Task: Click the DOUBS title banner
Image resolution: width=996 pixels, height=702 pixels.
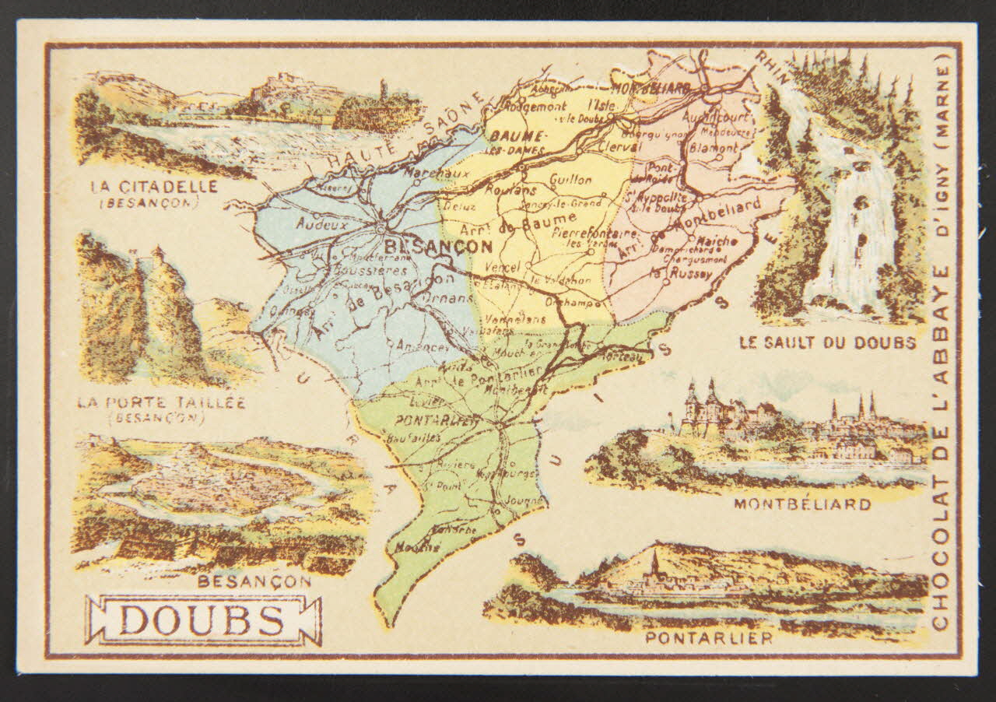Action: [203, 620]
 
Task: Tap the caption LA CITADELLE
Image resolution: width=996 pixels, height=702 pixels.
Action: [154, 187]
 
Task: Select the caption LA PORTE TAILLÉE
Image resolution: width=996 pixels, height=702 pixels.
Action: [162, 402]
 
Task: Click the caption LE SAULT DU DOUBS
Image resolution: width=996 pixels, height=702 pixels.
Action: [827, 342]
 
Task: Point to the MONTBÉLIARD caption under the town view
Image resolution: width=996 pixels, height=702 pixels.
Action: [801, 504]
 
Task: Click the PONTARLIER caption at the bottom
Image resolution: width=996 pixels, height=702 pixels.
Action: [709, 638]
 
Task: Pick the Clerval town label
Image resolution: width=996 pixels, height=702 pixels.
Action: [620, 146]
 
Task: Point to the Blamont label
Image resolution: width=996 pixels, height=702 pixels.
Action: [714, 147]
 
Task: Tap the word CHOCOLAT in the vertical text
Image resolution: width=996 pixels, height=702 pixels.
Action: [940, 576]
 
